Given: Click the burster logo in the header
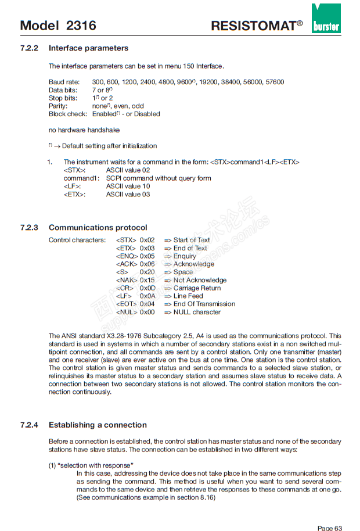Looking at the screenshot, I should click(326, 19).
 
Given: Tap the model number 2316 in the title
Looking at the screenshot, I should click(81, 26).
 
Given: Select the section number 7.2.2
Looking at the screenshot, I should click(30, 48).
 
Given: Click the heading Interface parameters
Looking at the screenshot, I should click(88, 48).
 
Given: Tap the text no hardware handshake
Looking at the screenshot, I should click(84, 130).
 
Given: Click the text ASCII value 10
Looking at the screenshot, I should click(128, 186).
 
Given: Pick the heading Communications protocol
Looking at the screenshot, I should click(98, 228).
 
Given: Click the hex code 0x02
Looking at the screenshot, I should click(147, 240).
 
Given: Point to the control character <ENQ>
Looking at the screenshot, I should click(127, 256).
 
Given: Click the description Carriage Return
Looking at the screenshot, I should click(197, 288).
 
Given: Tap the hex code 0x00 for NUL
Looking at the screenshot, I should click(147, 312).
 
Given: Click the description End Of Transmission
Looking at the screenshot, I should click(204, 304).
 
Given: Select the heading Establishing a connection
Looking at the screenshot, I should click(98, 425).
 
